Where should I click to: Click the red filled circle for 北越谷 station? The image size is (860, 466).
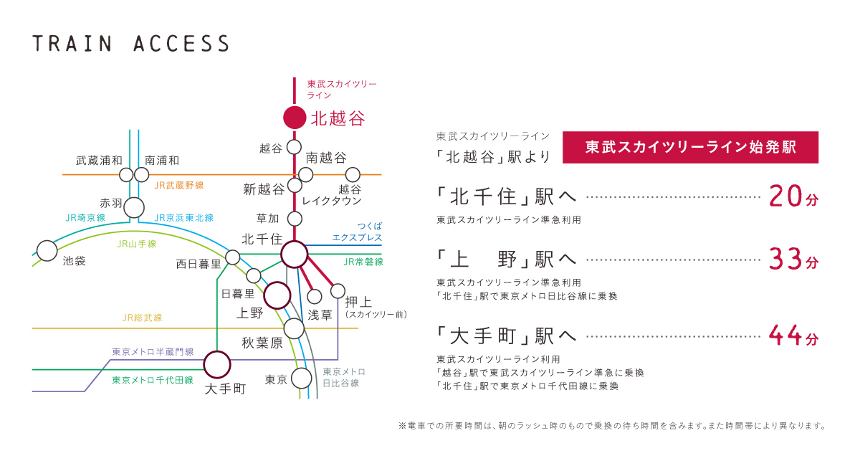tap(294, 117)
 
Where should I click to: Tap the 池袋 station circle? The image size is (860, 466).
tap(47, 251)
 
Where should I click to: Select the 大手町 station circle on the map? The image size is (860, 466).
tap(216, 364)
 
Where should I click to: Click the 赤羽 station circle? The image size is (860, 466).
tap(134, 208)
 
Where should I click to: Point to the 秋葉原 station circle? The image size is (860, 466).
tap(294, 328)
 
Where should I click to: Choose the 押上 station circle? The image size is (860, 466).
tap(338, 291)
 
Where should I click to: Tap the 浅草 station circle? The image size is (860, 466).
tap(314, 296)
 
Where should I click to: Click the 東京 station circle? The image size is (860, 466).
tap(301, 378)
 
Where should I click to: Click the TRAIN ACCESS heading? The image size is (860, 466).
tap(130, 44)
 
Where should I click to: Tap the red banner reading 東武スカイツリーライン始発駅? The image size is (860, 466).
tap(690, 147)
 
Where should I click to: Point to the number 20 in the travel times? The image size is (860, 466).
tap(784, 196)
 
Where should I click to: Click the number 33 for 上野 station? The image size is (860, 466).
tap(784, 259)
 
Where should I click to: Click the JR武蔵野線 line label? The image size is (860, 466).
tap(178, 185)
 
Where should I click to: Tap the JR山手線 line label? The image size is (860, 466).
tap(136, 244)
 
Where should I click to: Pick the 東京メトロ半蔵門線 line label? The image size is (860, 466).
tap(153, 352)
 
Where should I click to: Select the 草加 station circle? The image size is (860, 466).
tap(294, 219)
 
